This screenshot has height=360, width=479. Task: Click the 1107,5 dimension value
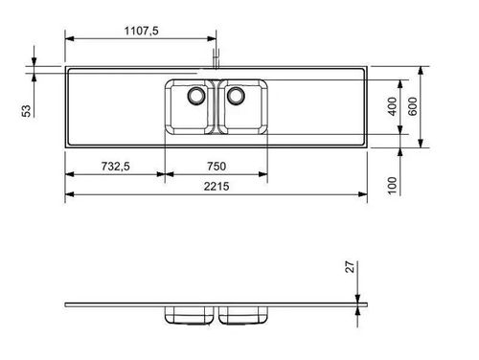[x=141, y=31]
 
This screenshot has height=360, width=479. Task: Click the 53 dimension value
[x=27, y=110]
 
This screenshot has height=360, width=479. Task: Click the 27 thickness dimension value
[x=352, y=269]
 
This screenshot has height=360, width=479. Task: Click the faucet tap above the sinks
[x=217, y=60]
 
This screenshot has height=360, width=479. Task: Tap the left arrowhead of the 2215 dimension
[x=69, y=195]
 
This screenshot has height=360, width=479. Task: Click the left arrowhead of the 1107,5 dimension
[x=69, y=39]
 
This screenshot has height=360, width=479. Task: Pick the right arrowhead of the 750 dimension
[x=266, y=174]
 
